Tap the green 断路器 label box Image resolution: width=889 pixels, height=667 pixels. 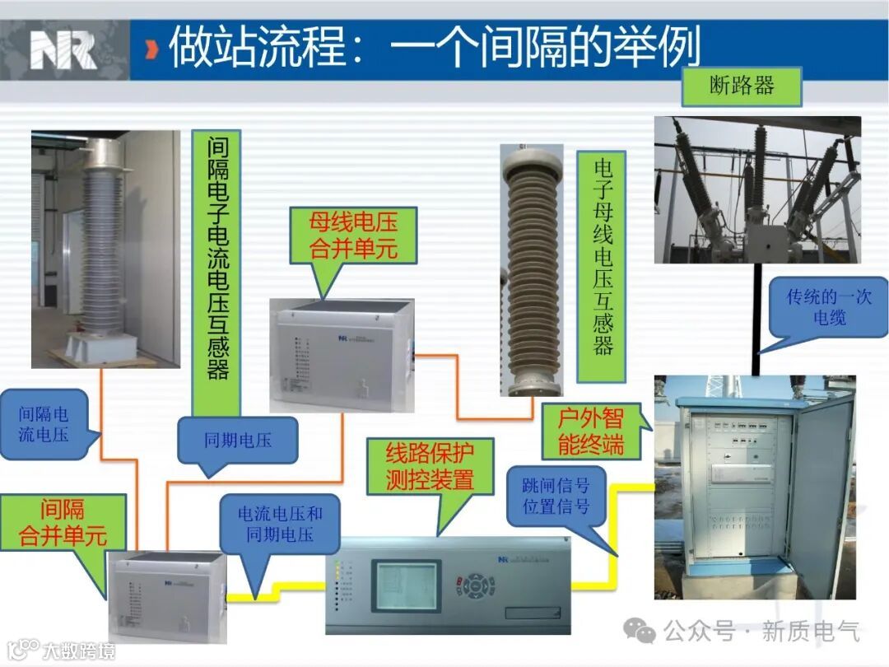coord(742,86)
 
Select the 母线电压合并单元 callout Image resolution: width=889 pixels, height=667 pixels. coord(352,236)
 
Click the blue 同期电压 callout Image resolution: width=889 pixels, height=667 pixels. coord(238,441)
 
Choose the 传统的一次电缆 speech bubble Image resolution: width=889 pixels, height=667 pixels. coord(828,306)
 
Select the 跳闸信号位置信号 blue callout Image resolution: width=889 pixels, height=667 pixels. coord(556,496)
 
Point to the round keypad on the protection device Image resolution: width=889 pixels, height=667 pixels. coord(476,585)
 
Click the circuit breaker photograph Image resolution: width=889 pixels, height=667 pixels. coord(757,189)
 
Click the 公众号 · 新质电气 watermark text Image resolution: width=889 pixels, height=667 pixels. coord(761,632)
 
